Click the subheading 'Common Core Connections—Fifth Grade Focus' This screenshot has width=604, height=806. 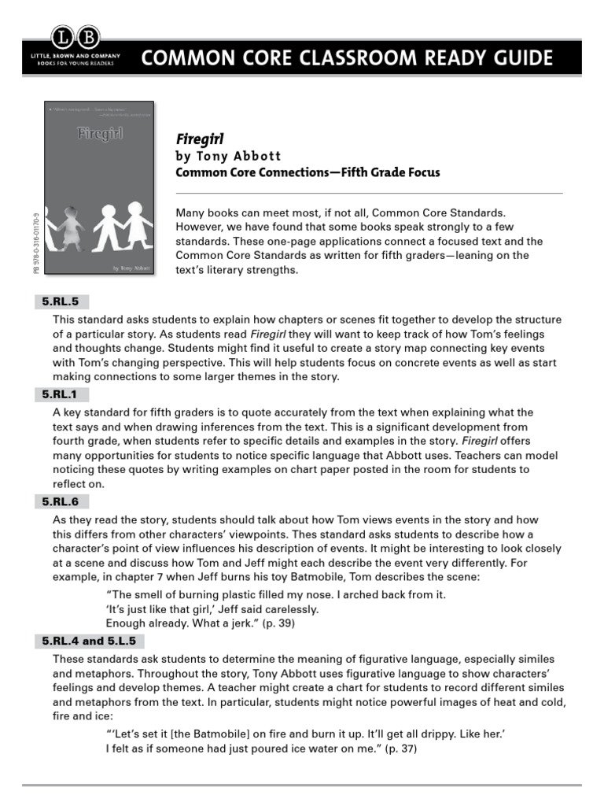coord(308,172)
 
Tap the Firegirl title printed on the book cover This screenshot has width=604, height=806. coord(98,131)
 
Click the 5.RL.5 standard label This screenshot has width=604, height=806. coord(61,301)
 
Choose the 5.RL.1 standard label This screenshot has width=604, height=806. coord(61,394)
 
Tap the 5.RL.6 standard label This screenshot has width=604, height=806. coord(61,501)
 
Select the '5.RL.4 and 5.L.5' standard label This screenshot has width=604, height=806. coord(89,641)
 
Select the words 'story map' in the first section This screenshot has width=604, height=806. coord(331,348)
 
